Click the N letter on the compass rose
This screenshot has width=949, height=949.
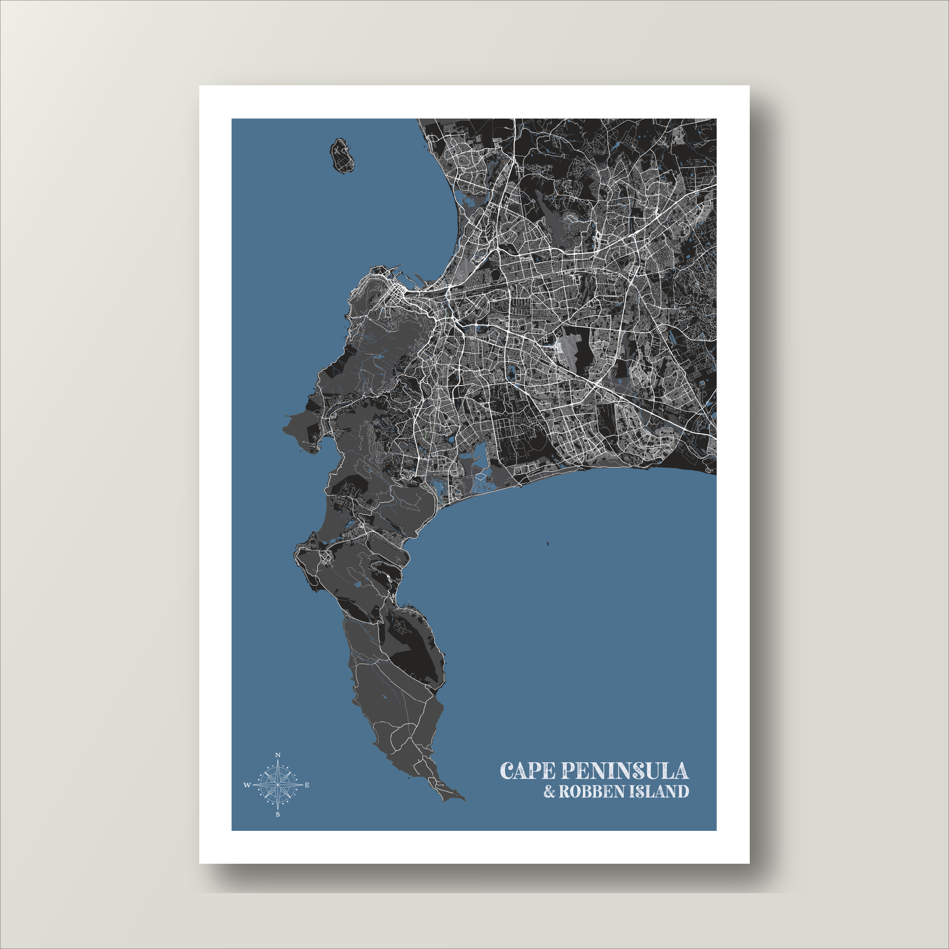click(278, 755)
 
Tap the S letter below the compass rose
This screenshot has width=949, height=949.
click(278, 815)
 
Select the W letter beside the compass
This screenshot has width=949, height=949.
click(247, 785)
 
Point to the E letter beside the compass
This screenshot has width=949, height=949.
click(307, 785)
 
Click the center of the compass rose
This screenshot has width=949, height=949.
click(278, 785)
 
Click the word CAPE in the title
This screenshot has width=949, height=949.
click(528, 771)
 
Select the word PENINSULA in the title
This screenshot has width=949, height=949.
click(624, 771)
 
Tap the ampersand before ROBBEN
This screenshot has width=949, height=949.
click(549, 792)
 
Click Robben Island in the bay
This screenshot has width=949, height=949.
click(342, 156)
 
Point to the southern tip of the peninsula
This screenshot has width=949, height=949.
click(462, 800)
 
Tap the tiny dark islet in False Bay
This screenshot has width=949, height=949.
click(546, 544)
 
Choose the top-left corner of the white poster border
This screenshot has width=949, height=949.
click(199, 86)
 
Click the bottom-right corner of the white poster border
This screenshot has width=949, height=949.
click(749, 863)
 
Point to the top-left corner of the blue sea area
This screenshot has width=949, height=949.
click(232, 120)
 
